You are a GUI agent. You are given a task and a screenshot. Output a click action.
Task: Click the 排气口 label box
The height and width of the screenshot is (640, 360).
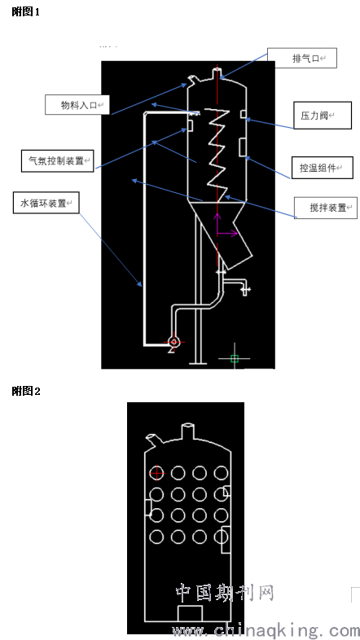pos(302,58)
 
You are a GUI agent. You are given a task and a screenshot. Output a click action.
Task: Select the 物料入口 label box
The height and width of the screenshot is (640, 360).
pos(77,105)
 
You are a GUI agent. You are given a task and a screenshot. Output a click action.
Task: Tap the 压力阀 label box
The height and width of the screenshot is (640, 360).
pos(323,116)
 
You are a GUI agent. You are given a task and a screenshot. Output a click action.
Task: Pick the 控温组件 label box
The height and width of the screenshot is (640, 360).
pos(322,168)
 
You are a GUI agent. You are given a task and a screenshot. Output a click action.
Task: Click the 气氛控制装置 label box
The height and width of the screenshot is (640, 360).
pos(58,160)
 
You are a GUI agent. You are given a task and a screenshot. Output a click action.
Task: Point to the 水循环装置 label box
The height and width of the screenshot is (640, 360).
pos(46,203)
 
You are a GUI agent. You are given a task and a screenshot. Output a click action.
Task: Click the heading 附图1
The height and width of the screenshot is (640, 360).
pos(26,12)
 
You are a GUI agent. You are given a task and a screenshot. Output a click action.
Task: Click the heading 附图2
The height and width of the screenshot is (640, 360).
pos(26,392)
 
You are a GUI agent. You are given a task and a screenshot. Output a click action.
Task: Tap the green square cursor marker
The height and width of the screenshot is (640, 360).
pos(235,359)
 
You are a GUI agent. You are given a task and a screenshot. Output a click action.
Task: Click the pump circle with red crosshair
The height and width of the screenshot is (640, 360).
pos(173,342)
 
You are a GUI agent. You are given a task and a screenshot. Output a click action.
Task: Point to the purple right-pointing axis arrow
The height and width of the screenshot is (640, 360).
pos(227,234)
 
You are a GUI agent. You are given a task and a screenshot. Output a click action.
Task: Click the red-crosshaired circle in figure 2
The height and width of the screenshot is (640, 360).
pos(156,473)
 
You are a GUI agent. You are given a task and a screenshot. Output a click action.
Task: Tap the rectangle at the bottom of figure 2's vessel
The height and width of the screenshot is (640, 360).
pos(191,614)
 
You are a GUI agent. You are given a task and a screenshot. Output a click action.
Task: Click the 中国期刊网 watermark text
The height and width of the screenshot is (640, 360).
pos(225,593)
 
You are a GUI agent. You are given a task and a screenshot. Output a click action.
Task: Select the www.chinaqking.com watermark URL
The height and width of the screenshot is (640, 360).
pos(266,630)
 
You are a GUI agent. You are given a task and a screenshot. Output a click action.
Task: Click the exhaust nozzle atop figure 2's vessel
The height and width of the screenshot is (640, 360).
pos(188,431)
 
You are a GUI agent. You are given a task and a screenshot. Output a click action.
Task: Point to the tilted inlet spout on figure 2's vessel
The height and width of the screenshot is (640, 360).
pos(154,439)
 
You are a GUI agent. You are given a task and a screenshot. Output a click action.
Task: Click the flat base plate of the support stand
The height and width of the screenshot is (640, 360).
pos(199,363)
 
